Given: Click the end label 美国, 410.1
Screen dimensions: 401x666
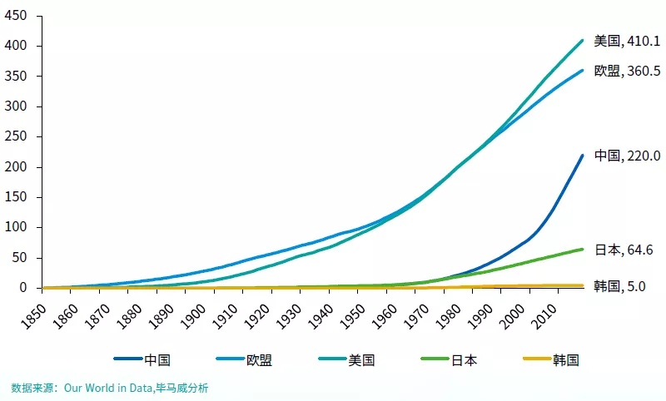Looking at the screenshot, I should [x=627, y=40].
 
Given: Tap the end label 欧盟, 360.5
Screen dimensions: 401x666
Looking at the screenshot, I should [x=627, y=72].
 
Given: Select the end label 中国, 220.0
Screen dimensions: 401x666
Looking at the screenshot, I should [x=627, y=156].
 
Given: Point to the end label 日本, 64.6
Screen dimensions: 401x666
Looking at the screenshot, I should [x=624, y=250].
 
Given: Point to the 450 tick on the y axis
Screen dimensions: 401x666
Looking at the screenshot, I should [x=17, y=16].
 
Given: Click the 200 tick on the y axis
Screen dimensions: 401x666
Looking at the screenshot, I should [x=17, y=167].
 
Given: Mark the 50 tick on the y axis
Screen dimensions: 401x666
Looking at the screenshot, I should [x=20, y=258].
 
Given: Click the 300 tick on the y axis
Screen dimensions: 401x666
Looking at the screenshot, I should [x=17, y=106].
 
